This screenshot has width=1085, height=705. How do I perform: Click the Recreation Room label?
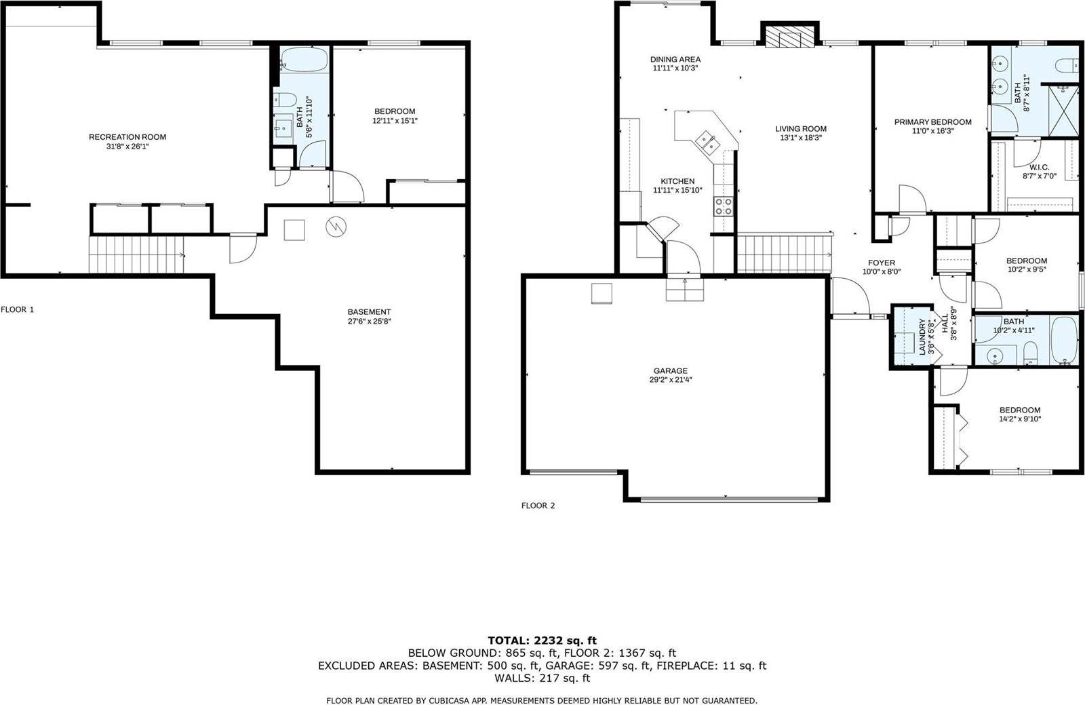click(127, 137)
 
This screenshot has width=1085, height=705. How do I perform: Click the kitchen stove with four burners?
click(724, 206)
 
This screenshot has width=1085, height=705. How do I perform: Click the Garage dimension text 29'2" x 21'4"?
click(670, 380)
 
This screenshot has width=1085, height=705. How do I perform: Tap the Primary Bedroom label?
click(932, 122)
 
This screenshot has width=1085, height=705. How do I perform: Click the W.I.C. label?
click(1039, 167)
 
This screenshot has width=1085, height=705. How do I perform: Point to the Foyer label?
click(882, 263)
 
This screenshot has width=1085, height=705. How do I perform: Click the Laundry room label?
click(922, 337)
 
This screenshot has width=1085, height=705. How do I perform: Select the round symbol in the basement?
click(336, 227)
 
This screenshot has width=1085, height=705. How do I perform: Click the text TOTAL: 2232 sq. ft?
click(542, 640)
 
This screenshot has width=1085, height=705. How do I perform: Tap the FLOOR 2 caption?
click(538, 506)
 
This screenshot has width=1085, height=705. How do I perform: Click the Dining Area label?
click(675, 60)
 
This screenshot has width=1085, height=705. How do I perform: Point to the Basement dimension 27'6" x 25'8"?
click(369, 322)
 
